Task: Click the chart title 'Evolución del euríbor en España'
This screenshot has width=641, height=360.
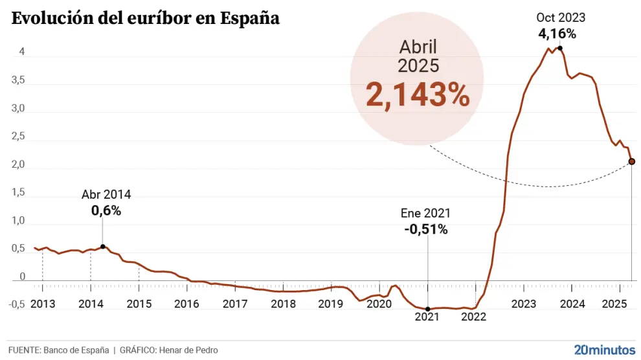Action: (x=146, y=18)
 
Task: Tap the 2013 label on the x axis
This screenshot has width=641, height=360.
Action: (x=43, y=304)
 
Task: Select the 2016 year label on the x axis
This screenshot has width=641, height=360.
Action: (x=186, y=304)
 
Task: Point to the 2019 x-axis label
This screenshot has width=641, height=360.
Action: (x=331, y=304)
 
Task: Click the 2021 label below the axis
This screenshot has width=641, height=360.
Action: (x=427, y=317)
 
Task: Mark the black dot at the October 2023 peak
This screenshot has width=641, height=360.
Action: (x=559, y=48)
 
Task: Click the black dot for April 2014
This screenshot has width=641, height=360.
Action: (x=103, y=247)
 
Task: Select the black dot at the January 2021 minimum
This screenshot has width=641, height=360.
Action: (x=428, y=309)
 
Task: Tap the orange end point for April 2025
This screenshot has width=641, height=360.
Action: (x=632, y=161)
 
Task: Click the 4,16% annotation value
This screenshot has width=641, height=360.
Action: (x=557, y=33)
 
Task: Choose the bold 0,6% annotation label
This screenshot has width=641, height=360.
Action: (x=106, y=210)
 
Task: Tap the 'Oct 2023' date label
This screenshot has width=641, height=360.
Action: (x=561, y=18)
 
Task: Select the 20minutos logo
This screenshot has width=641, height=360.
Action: (x=605, y=349)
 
